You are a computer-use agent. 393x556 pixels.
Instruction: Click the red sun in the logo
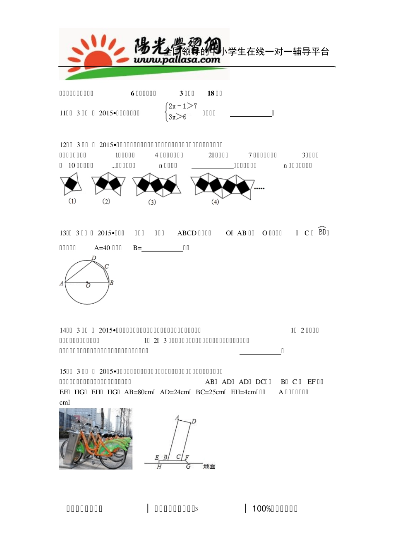point(98,58)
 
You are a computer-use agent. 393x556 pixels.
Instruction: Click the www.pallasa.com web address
point(177,60)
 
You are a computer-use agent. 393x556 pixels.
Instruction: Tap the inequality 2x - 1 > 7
point(183,106)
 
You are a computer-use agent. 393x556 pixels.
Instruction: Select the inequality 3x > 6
point(177,117)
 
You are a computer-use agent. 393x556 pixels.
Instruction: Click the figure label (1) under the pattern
point(72,201)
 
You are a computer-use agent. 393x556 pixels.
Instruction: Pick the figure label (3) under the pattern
point(152,202)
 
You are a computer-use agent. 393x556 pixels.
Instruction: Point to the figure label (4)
point(215,202)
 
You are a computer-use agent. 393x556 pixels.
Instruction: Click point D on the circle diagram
point(94,258)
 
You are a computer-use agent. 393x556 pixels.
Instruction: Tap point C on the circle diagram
point(107,266)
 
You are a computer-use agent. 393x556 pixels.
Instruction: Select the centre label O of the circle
point(88,286)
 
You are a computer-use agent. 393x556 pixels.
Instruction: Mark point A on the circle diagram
point(62,283)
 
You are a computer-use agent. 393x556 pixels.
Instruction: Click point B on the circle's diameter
point(111,283)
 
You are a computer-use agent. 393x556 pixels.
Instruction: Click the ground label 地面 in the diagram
point(209,467)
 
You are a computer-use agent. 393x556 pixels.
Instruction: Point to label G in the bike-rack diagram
point(188,467)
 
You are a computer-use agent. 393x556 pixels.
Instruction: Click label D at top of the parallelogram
point(194,421)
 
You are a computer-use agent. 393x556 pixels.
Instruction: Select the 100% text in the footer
point(261,509)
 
